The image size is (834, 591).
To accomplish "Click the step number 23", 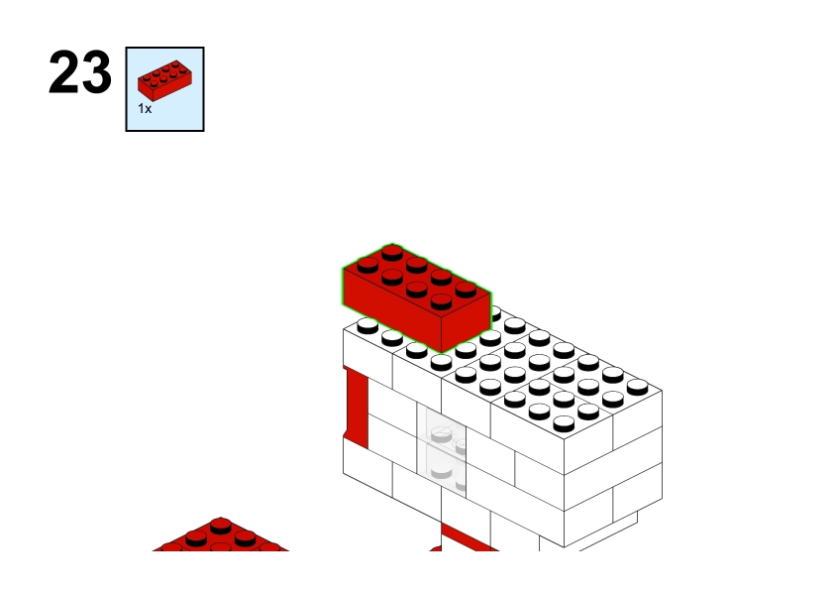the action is pyautogui.click(x=80, y=71).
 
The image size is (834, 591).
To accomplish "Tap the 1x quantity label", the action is pyautogui.click(x=145, y=109).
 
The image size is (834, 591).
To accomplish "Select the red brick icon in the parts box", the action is pyautogui.click(x=164, y=80).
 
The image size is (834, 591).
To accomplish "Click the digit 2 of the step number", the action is pyautogui.click(x=63, y=71).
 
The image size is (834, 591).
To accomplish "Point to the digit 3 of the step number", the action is pyautogui.click(x=97, y=71).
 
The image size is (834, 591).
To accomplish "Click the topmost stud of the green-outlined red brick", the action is pyautogui.click(x=392, y=251).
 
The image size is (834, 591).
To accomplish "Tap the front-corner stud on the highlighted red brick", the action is pyautogui.click(x=442, y=301).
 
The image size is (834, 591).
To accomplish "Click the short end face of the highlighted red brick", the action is pyautogui.click(x=466, y=322).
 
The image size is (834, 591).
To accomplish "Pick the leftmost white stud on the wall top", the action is pyautogui.click(x=367, y=325).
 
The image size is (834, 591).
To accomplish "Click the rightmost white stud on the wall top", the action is pyautogui.click(x=637, y=386).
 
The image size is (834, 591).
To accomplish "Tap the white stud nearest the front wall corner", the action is pyautogui.click(x=564, y=422).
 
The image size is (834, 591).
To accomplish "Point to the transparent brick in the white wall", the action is pyautogui.click(x=442, y=447).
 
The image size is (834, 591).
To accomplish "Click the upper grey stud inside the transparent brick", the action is pyautogui.click(x=441, y=434).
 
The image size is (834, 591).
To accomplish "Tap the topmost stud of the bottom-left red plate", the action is pyautogui.click(x=221, y=525).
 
